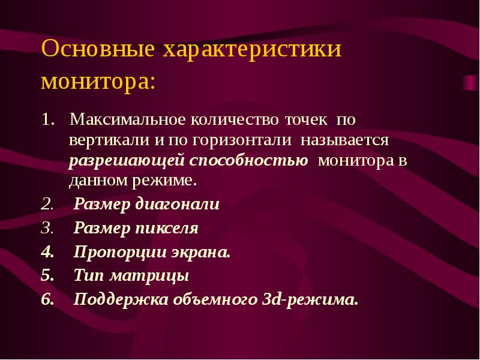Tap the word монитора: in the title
coord(98,81)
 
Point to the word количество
coord(233,119)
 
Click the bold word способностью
coord(249,161)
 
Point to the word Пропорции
coord(114,253)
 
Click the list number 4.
coord(46,253)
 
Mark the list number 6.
coord(46,299)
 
